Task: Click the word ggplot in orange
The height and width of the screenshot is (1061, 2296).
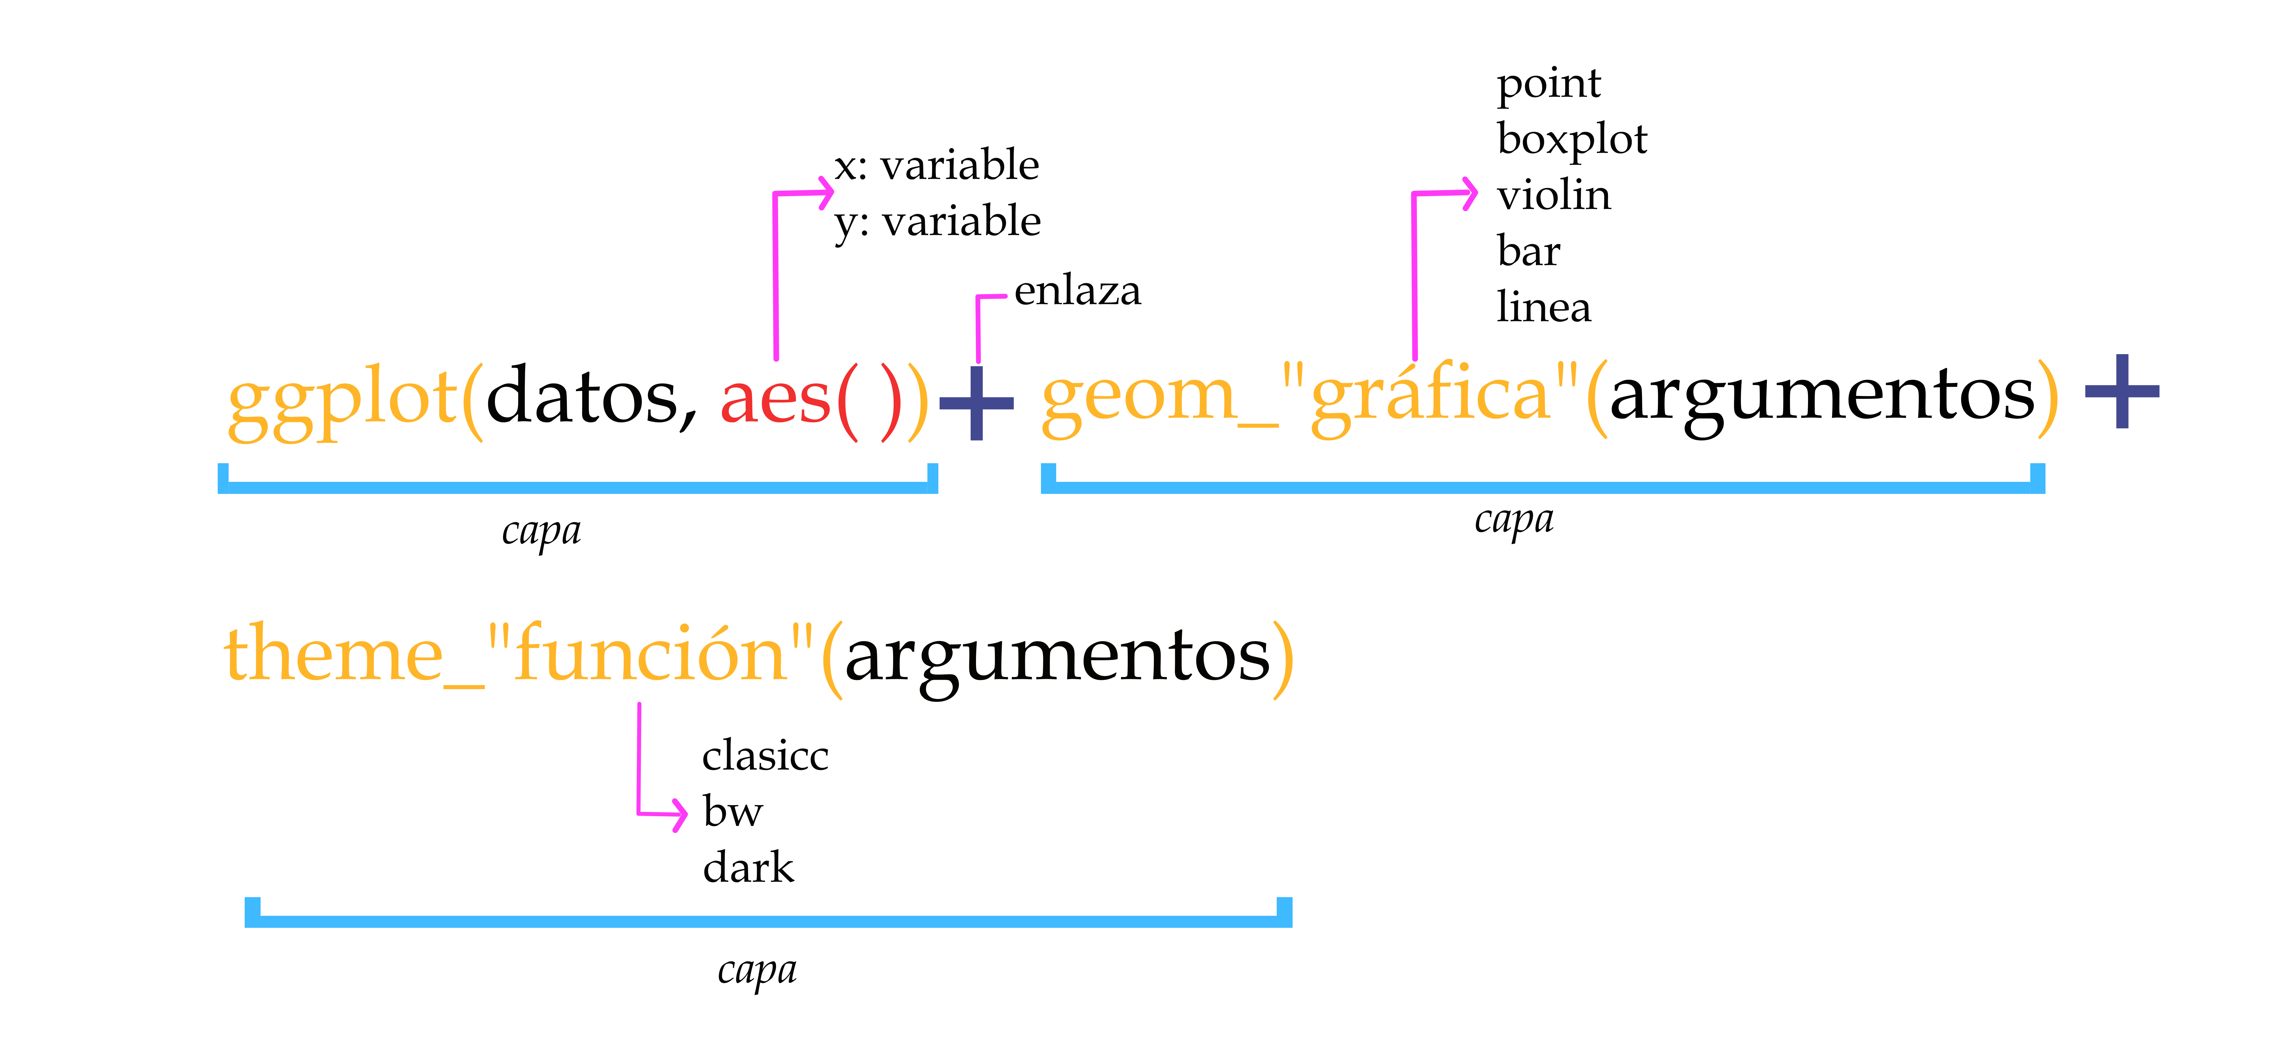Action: [x=343, y=399]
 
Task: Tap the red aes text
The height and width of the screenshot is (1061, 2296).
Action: [x=774, y=399]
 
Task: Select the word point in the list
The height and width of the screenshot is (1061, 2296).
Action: [x=1548, y=84]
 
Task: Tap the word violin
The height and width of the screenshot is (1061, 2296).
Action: [x=1554, y=195]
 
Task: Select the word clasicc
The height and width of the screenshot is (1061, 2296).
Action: [x=765, y=756]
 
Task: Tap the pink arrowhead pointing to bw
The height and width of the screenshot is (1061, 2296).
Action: [x=679, y=813]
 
